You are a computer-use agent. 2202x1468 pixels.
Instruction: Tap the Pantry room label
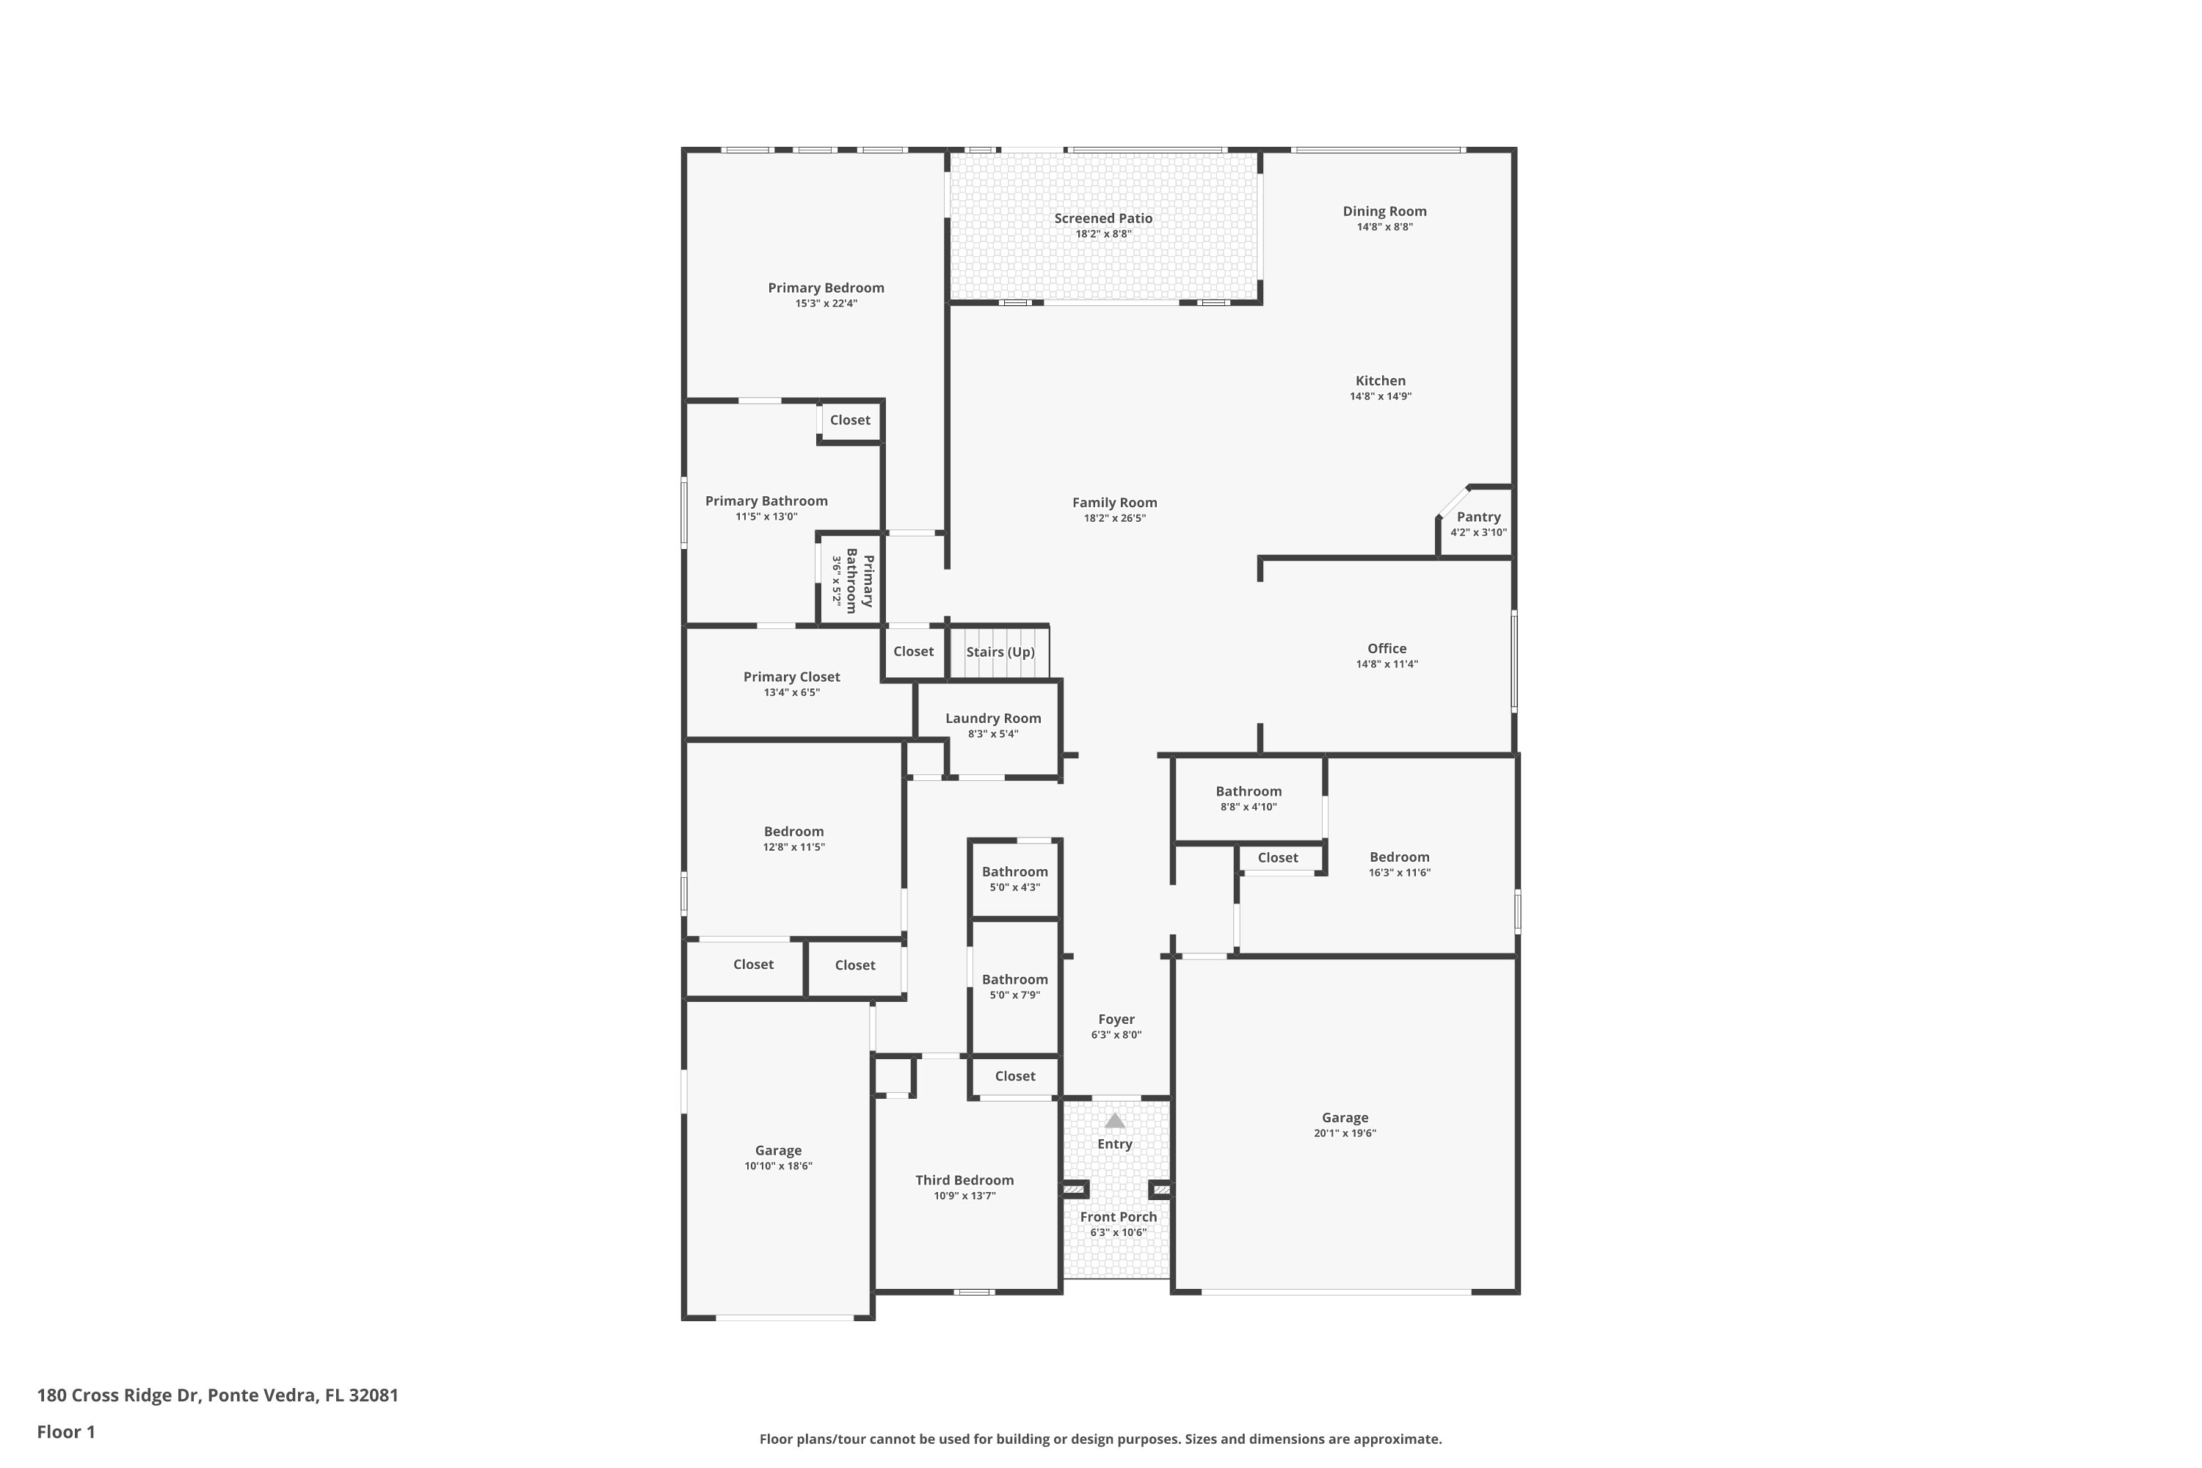pos(1478,517)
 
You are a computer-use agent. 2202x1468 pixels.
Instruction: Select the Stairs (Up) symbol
pos(1000,652)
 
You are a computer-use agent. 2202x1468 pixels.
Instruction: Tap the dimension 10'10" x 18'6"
pos(778,1166)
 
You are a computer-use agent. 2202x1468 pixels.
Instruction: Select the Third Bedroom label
pos(964,1180)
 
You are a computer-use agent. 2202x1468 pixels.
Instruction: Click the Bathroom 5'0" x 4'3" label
pos(1015,872)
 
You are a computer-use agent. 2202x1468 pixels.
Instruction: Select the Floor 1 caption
pos(65,1431)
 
